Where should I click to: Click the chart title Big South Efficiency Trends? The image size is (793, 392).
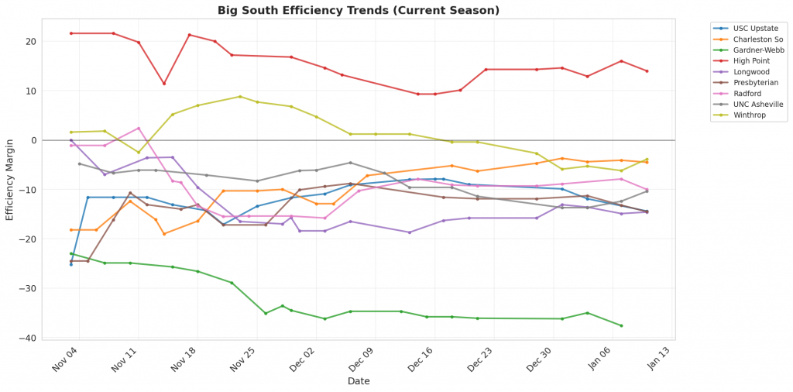point(358,10)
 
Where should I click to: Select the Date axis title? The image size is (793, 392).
point(358,381)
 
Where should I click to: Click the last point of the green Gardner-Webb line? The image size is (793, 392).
point(621,325)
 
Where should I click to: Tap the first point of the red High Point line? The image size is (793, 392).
point(71,33)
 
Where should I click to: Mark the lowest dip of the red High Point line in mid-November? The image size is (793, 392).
point(164,84)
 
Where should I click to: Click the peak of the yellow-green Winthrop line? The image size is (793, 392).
point(240,97)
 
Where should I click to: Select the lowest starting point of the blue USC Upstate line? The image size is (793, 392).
point(71,264)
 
